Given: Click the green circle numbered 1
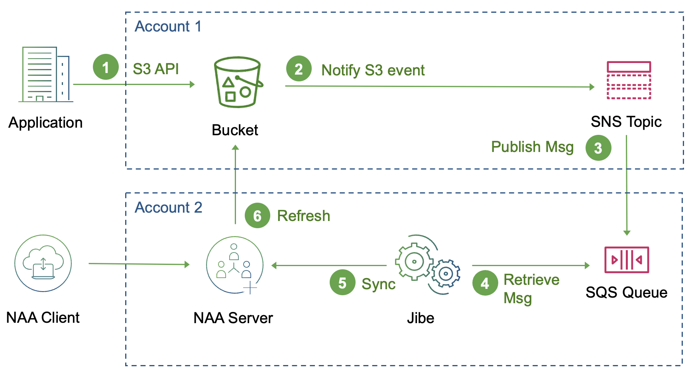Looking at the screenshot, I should (106, 67).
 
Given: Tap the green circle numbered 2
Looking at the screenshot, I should (299, 69).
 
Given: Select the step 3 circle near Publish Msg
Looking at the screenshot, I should (598, 148).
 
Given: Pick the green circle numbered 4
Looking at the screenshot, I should (485, 283).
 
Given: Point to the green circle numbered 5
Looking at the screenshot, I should (342, 282).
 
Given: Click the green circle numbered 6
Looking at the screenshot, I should (257, 215).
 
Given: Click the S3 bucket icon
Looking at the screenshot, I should (238, 82).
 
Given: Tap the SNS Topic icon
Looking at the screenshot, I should (629, 80).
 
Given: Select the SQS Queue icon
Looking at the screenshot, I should (626, 260).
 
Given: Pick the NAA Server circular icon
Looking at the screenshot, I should (235, 265).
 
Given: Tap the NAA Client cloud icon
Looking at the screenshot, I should (43, 263).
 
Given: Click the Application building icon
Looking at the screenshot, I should (45, 75).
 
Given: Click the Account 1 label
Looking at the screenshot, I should (168, 26).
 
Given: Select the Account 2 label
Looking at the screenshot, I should (168, 207).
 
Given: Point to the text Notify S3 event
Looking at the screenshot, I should (373, 70).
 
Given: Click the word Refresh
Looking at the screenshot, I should (303, 216).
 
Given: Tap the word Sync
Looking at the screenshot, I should (378, 284).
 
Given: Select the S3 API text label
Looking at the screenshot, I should (155, 69).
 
